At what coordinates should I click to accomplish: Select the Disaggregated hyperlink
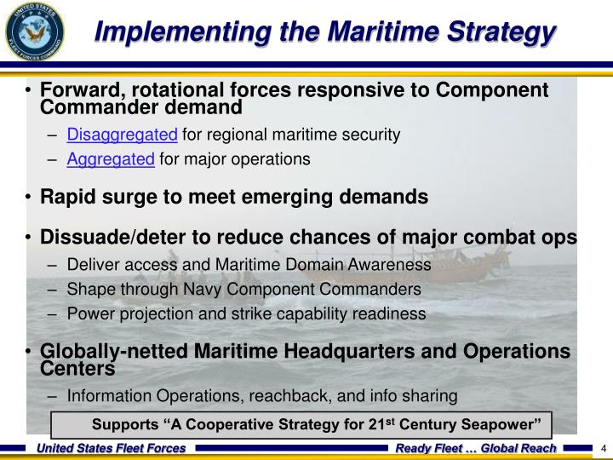122,135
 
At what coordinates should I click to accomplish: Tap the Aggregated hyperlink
111,158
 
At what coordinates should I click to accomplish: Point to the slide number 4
603,448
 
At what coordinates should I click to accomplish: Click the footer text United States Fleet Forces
110,448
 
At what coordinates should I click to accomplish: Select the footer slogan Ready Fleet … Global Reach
475,448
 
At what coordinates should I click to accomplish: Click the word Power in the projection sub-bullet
89,313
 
